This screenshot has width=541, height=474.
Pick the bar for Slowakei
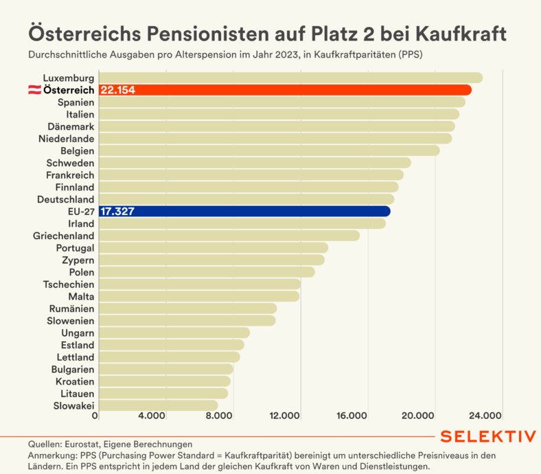click(157, 406)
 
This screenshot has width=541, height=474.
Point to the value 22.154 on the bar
click(117, 90)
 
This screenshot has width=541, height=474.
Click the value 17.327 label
click(117, 212)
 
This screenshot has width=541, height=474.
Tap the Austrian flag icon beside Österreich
click(33, 90)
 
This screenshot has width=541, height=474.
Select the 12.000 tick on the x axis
click(284, 416)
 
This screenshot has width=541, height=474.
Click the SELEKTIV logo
click(487, 437)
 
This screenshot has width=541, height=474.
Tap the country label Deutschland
click(66, 199)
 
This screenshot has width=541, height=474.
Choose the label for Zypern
click(78, 260)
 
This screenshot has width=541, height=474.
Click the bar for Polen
click(207, 272)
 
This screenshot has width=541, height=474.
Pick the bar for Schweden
click(255, 163)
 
